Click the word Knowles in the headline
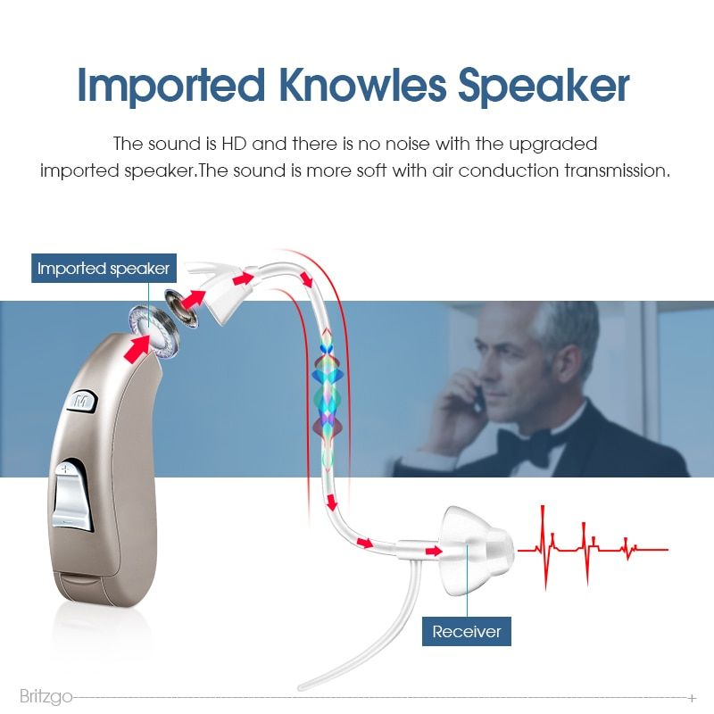(x=362, y=85)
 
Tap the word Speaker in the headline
(x=544, y=87)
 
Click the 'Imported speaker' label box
(x=104, y=269)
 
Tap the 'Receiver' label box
(x=466, y=632)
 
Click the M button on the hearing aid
(x=82, y=401)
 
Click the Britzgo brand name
(x=46, y=696)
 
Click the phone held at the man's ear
(x=477, y=397)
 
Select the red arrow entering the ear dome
(x=433, y=552)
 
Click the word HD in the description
(x=234, y=144)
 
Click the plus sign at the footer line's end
(x=693, y=698)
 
